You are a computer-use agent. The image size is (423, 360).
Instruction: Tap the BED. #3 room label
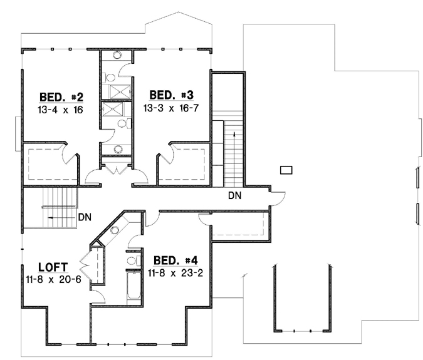170,95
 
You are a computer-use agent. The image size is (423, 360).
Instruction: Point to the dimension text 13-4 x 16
61,109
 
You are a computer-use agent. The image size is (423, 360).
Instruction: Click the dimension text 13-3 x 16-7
170,107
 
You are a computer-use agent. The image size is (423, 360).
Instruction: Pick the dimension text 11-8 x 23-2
169,272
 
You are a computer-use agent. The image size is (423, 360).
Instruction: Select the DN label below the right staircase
234,195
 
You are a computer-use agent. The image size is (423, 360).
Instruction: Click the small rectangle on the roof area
287,170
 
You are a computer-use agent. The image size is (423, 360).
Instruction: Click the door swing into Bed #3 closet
167,154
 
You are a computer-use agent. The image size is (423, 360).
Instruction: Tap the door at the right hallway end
279,198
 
